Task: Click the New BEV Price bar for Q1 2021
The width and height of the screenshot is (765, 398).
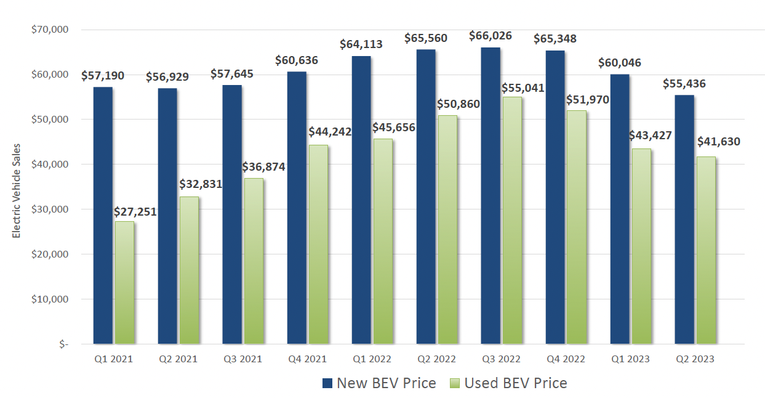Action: click(103, 215)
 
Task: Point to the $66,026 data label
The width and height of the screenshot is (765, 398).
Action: click(491, 36)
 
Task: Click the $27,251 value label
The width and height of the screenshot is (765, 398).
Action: click(135, 211)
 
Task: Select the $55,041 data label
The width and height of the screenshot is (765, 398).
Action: click(523, 87)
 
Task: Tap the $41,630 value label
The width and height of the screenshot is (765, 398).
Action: click(718, 142)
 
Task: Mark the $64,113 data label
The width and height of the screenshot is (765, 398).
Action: click(361, 44)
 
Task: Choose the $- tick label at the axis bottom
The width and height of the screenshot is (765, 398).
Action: click(63, 344)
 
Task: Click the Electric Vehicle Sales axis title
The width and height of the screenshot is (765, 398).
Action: click(17, 190)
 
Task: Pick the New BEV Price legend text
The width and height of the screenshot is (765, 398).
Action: click(386, 383)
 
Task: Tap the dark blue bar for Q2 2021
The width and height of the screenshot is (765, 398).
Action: click(167, 216)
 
